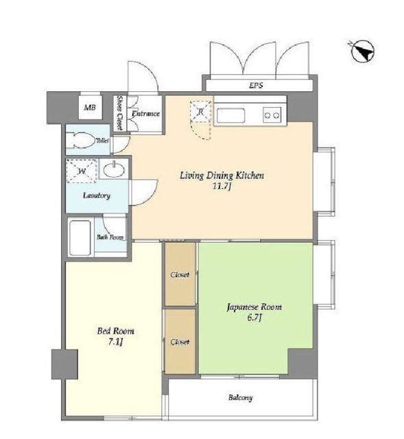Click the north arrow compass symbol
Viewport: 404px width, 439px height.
(x=363, y=52)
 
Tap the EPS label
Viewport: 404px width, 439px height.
(x=256, y=85)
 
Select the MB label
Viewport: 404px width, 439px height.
(x=90, y=107)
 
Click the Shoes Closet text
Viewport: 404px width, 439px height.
(x=120, y=112)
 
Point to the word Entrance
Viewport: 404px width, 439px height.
(x=145, y=114)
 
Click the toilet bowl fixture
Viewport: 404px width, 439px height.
(x=80, y=139)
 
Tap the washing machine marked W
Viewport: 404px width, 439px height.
(x=82, y=171)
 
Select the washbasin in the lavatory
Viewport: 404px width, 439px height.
(x=114, y=169)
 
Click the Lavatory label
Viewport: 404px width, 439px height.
(x=97, y=195)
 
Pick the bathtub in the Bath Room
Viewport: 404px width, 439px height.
(x=80, y=238)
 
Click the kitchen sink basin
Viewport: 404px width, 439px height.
(x=230, y=115)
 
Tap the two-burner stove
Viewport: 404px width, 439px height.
(x=272, y=115)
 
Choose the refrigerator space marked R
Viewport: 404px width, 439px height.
(x=200, y=111)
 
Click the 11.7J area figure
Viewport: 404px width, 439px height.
(x=222, y=186)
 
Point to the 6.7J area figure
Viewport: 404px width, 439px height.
(x=254, y=318)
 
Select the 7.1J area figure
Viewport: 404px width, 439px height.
(x=115, y=342)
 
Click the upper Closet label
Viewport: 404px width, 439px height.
(x=180, y=274)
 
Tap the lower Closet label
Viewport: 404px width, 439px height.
(x=180, y=342)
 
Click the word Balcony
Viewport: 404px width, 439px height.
(x=240, y=398)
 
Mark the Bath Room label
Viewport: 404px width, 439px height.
(x=110, y=237)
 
